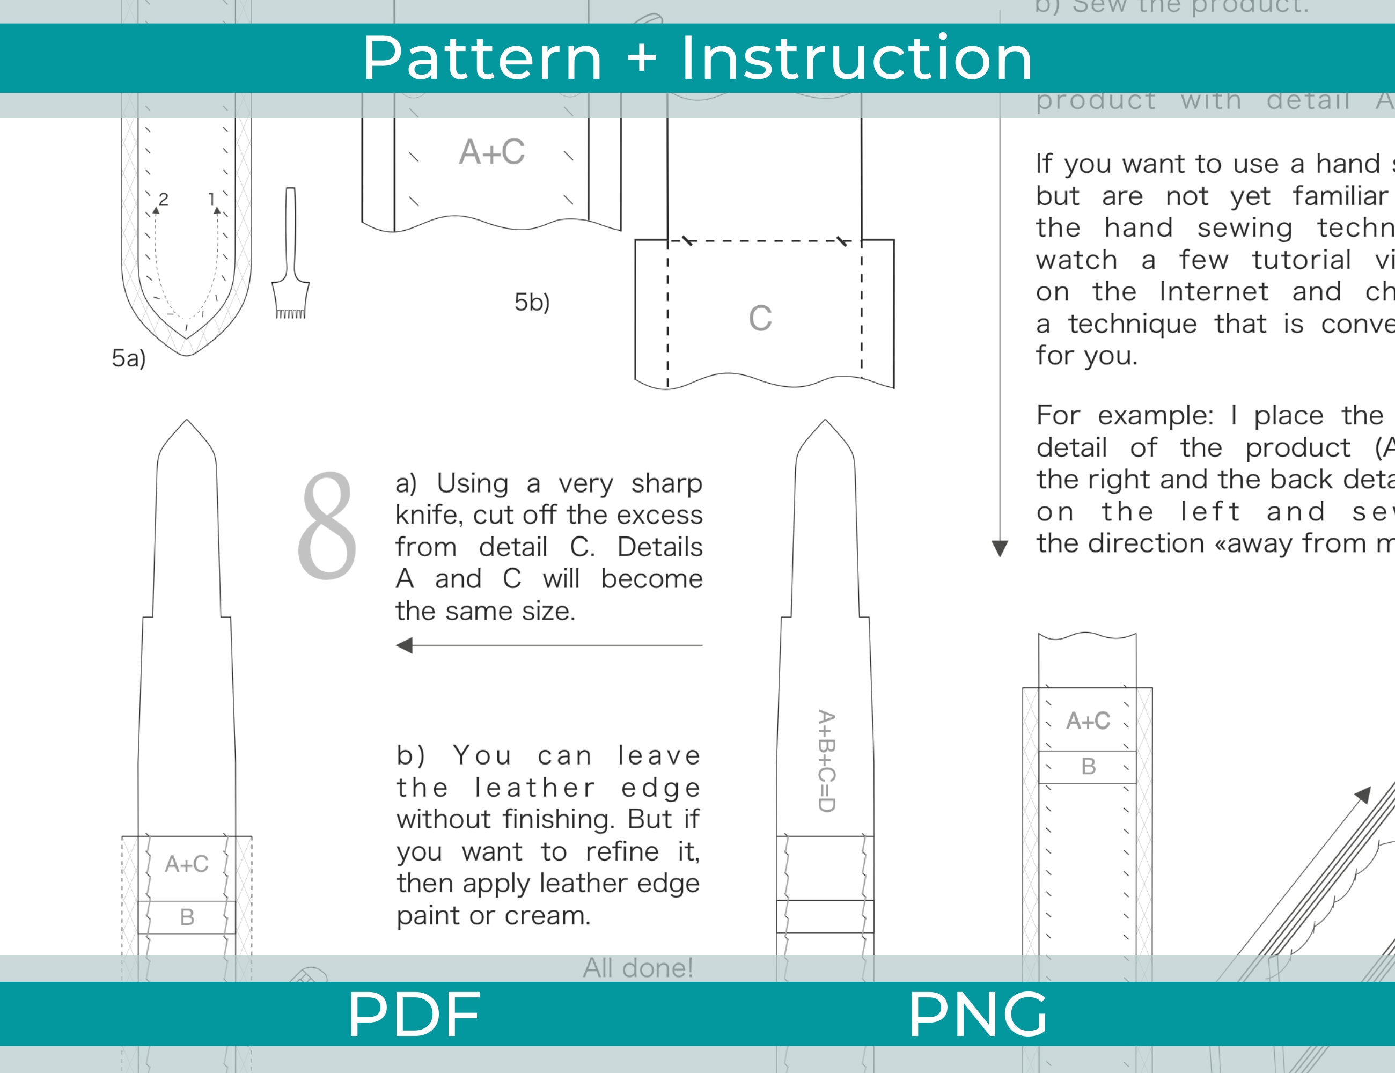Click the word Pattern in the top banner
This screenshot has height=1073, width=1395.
pos(482,59)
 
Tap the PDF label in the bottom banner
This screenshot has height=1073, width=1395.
pos(413,1014)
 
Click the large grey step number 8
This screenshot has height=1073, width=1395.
pos(327,526)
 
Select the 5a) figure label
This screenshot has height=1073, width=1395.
pos(128,358)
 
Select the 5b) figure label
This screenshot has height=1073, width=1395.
pos(531,302)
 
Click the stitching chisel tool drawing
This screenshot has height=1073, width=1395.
pos(291,255)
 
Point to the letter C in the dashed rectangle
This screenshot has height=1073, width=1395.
pos(760,318)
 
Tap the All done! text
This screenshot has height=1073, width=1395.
pos(637,968)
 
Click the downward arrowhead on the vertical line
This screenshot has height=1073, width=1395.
pos(1000,548)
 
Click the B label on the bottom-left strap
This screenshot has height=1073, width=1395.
pos(187,917)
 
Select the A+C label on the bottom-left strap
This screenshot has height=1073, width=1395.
pos(187,864)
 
